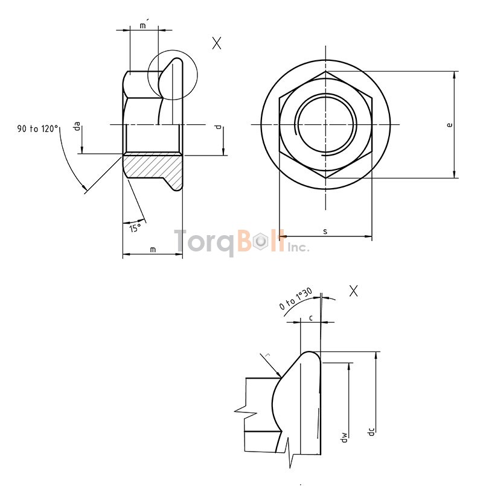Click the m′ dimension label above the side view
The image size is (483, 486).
pyautogui.click(x=144, y=25)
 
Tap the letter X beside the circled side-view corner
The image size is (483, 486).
pyautogui.click(x=217, y=43)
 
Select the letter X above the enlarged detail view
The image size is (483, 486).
pyautogui.click(x=354, y=291)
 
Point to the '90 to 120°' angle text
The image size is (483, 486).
pyautogui.click(x=38, y=128)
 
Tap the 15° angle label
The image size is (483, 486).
pyautogui.click(x=135, y=227)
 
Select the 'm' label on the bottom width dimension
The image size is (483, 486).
pyautogui.click(x=152, y=249)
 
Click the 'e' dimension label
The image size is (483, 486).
pyautogui.click(x=449, y=125)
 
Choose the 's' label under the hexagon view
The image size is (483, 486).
pyautogui.click(x=325, y=231)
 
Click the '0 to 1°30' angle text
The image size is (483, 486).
pyautogui.click(x=295, y=299)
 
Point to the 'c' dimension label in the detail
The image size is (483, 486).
pyautogui.click(x=310, y=317)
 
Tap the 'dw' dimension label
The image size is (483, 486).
pyautogui.click(x=343, y=437)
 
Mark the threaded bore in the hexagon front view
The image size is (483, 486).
pyautogui.click(x=325, y=124)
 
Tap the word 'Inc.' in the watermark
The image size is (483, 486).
pyautogui.click(x=298, y=247)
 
